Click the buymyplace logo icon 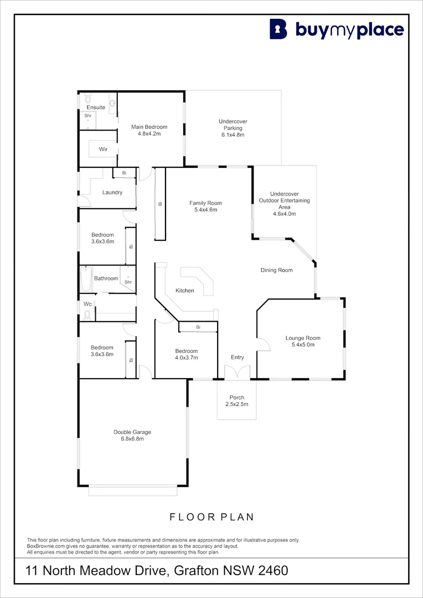(278, 29)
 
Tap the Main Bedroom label (149, 127)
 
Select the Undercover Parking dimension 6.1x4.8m (233, 135)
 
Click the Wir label (103, 149)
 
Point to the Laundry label (112, 193)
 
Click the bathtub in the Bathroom (86, 280)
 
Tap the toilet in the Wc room (87, 315)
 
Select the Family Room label (205, 203)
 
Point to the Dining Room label (276, 270)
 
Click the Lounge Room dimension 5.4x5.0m (303, 345)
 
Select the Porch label (237, 398)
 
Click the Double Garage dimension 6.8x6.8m (132, 439)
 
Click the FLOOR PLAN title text (211, 517)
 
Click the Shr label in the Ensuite (87, 116)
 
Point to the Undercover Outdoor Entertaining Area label (285, 200)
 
